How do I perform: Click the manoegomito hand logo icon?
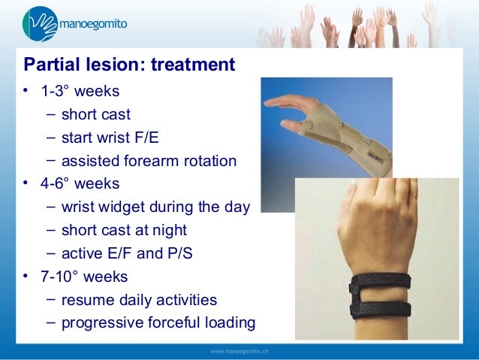tap(35, 23)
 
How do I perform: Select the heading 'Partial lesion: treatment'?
tap(129, 65)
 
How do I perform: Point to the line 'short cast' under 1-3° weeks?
tap(96, 115)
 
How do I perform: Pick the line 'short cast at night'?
tap(124, 231)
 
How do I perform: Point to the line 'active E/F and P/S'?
tap(127, 253)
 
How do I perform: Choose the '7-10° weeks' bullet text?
tap(84, 277)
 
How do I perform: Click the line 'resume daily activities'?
tap(139, 300)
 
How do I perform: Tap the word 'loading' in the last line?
tap(228, 323)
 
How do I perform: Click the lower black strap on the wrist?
tap(379, 308)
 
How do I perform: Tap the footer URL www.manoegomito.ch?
tap(239, 352)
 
